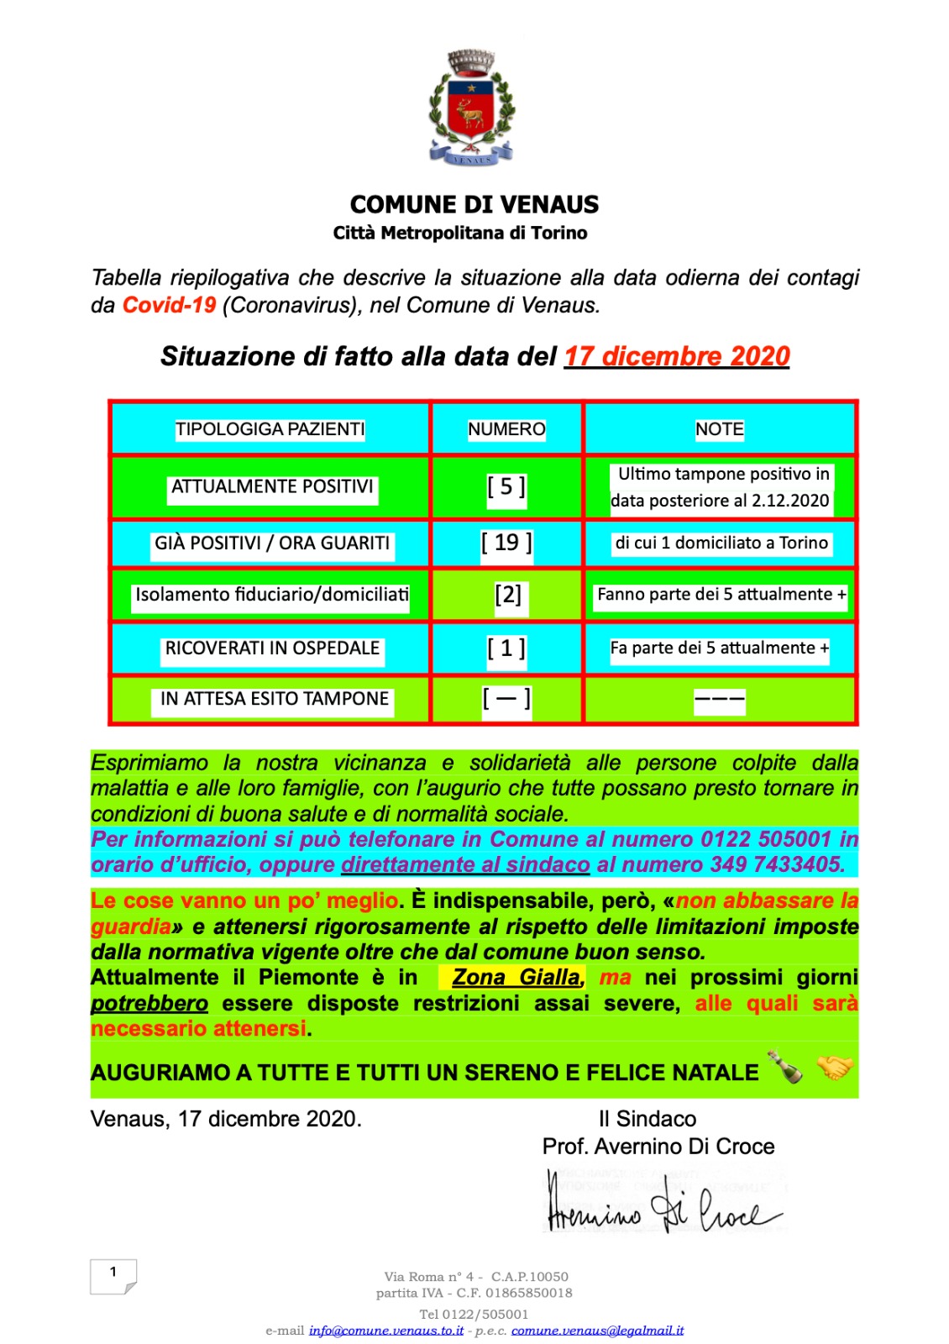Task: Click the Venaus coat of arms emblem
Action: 471,108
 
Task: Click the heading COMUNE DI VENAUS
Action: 474,205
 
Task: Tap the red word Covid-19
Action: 170,305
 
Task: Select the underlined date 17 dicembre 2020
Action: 676,356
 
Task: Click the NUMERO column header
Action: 506,429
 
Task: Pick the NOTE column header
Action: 720,429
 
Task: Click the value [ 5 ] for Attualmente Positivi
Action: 506,486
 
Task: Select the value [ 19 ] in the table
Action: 506,543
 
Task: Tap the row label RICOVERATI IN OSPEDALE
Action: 272,648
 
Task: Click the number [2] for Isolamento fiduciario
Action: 508,595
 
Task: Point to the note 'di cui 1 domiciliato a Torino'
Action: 721,543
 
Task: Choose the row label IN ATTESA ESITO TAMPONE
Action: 274,699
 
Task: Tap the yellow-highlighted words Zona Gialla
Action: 516,977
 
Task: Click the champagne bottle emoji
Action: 786,1068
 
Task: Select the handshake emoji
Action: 834,1068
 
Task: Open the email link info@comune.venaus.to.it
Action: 386,1331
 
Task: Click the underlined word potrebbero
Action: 149,1003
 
